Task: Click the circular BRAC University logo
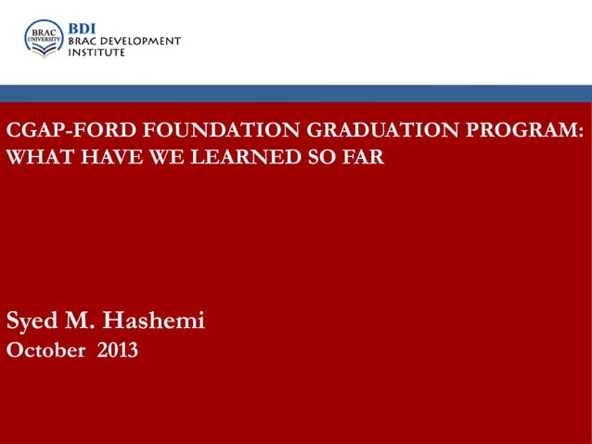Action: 44,38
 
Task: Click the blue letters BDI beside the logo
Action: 85,28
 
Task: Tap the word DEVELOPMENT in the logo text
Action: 145,41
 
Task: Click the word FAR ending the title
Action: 362,156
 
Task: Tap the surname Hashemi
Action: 153,321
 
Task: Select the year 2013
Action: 118,351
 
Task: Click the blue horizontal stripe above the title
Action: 296,93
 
